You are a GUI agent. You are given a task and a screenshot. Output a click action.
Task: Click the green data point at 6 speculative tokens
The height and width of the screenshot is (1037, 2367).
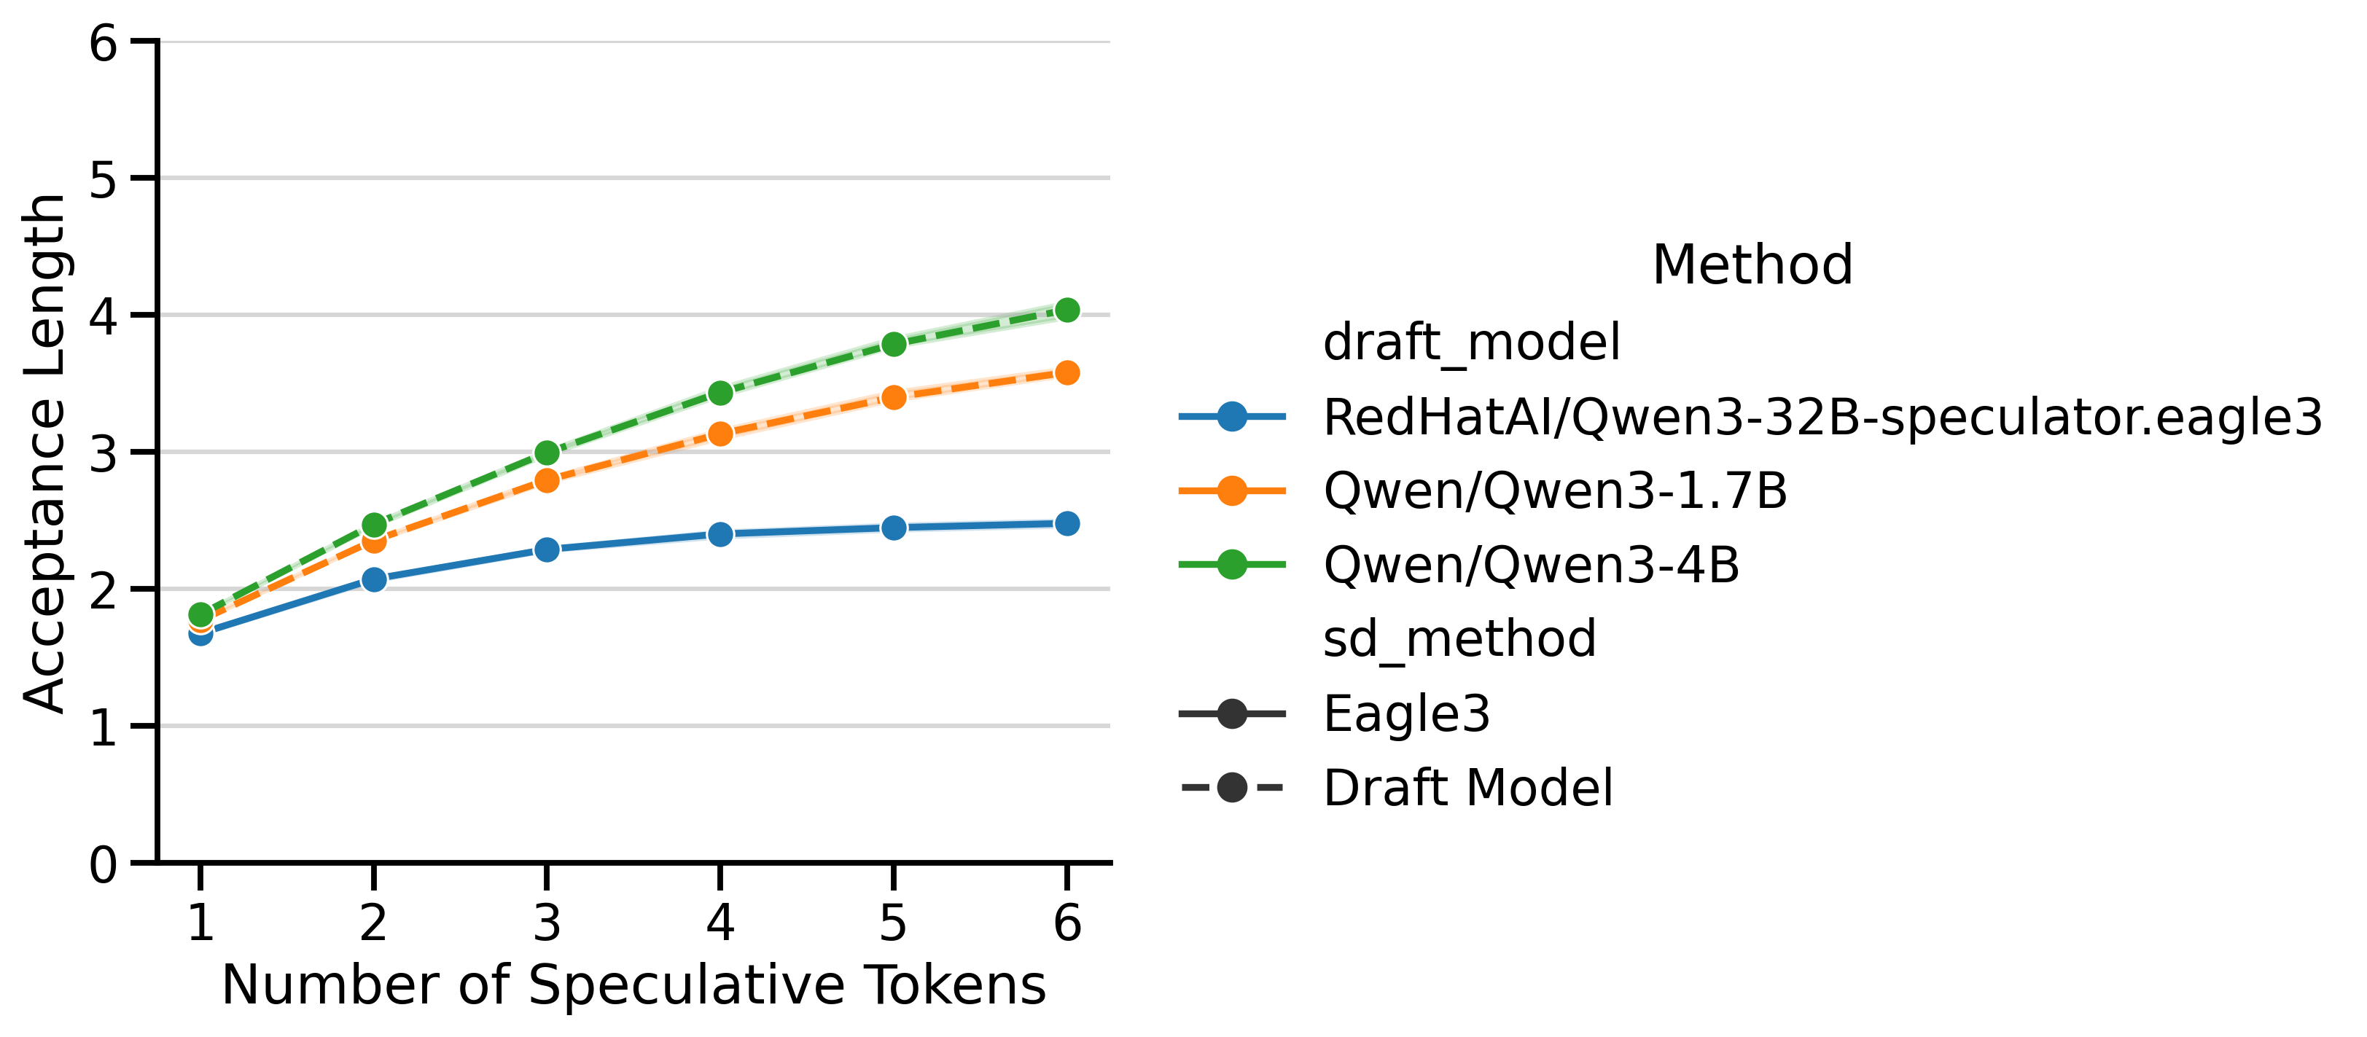[x=1066, y=310]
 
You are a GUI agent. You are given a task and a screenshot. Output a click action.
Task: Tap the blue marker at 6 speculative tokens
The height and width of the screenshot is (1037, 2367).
[x=1066, y=523]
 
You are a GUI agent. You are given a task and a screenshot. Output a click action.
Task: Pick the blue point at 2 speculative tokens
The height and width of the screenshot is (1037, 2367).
[x=374, y=579]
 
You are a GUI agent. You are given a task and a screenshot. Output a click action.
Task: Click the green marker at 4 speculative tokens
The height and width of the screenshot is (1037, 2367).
[x=720, y=393]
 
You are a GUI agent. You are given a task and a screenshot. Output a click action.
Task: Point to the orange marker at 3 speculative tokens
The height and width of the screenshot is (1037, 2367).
[x=547, y=480]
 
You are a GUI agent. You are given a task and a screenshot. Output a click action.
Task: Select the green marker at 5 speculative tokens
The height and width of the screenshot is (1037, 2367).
[x=893, y=345]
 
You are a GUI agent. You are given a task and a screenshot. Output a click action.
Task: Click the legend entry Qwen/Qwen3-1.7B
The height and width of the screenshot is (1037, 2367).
[x=1555, y=490]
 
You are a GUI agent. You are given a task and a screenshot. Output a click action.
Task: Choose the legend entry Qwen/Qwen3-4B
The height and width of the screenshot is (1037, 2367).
[x=1531, y=564]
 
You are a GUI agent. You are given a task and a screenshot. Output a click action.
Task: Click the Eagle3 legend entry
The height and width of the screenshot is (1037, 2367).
[x=1406, y=713]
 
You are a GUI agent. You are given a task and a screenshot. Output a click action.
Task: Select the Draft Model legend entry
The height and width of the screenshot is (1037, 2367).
[x=1467, y=788]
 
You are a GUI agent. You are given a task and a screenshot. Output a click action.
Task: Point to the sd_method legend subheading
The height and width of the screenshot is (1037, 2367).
[x=1459, y=638]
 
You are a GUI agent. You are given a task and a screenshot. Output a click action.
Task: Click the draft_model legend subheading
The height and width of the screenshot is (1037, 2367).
[x=1471, y=343]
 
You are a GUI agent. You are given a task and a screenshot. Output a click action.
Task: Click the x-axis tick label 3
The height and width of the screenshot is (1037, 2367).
[x=547, y=922]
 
